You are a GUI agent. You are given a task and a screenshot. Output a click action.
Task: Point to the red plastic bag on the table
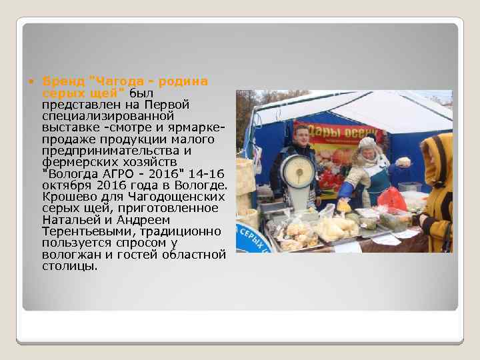coord(391,198)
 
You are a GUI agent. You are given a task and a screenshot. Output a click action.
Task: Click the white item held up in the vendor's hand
coord(403,162)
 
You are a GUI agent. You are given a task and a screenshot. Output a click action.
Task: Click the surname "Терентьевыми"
coord(81,231)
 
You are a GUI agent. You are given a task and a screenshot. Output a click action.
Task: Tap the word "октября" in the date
coord(64,185)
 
